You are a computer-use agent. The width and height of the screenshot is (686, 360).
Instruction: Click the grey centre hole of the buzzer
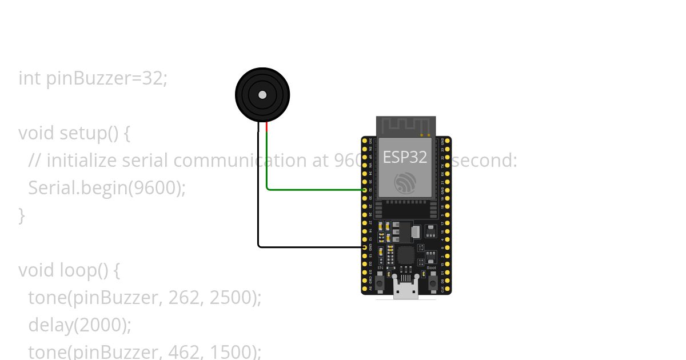tap(262, 95)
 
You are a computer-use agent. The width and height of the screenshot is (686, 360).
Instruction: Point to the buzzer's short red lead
tap(267, 127)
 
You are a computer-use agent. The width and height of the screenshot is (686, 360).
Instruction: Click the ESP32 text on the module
tap(405, 157)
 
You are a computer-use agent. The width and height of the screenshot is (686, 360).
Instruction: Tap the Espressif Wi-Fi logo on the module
tap(405, 182)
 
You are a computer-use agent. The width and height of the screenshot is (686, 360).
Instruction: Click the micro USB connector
tap(405, 290)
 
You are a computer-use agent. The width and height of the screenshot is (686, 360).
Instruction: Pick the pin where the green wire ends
tap(365, 190)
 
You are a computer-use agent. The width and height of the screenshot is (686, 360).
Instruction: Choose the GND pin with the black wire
tap(365, 247)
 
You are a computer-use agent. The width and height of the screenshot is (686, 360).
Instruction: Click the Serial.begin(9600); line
tap(107, 187)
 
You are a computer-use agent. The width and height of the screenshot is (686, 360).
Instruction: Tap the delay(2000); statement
tap(80, 325)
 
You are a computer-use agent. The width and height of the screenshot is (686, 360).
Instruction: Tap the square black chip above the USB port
tap(405, 255)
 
